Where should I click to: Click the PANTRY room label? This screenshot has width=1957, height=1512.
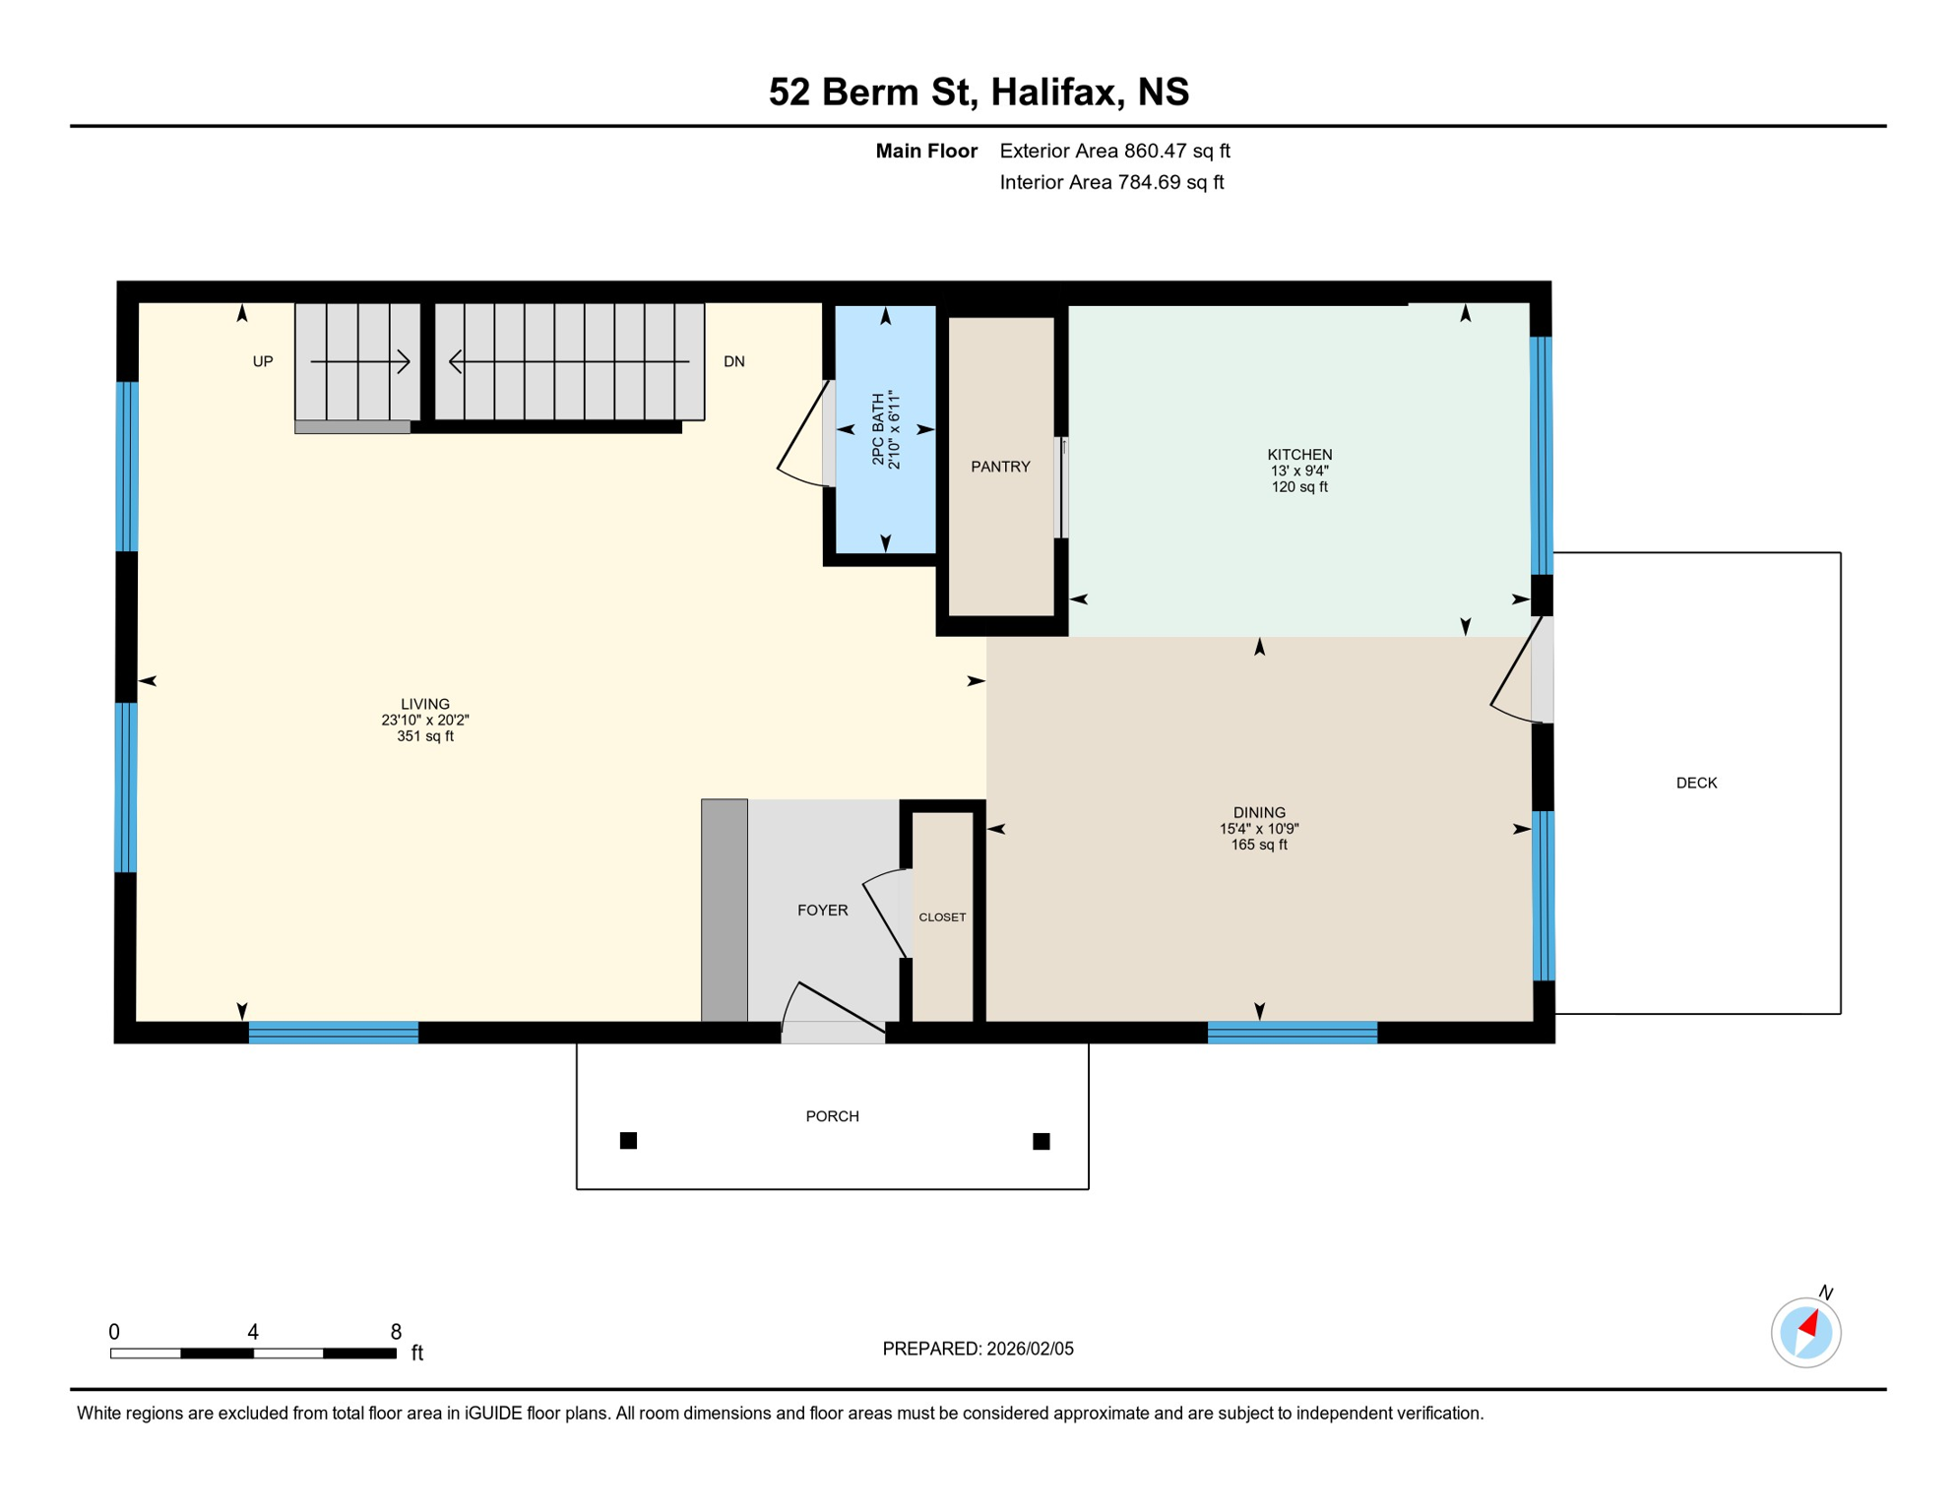click(x=1000, y=467)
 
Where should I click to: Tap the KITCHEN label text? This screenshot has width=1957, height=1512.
click(x=1299, y=455)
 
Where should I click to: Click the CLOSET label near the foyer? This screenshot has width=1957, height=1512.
click(x=942, y=917)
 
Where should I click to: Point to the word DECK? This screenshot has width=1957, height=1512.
click(x=1696, y=783)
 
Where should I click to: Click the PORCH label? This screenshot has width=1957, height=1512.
click(x=832, y=1116)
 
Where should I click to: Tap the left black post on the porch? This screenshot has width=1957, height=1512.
click(x=628, y=1141)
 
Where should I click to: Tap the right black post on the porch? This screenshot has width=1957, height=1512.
click(x=1041, y=1142)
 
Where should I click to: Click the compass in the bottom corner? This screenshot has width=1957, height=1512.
click(x=1805, y=1333)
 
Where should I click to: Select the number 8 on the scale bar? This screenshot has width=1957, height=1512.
click(x=396, y=1332)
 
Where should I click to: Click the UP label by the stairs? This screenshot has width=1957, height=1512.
click(x=263, y=361)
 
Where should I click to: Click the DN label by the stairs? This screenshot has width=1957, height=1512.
click(x=734, y=361)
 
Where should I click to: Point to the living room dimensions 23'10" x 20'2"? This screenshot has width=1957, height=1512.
click(x=425, y=721)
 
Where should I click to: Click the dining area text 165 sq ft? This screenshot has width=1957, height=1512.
click(x=1259, y=845)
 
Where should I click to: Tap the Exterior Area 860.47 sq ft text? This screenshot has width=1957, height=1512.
click(x=1114, y=151)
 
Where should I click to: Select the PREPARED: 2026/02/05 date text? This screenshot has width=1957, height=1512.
click(x=978, y=1349)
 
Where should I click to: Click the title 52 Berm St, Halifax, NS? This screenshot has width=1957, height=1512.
click(x=978, y=92)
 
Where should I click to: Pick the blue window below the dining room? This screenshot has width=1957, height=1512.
click(x=1292, y=1033)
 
